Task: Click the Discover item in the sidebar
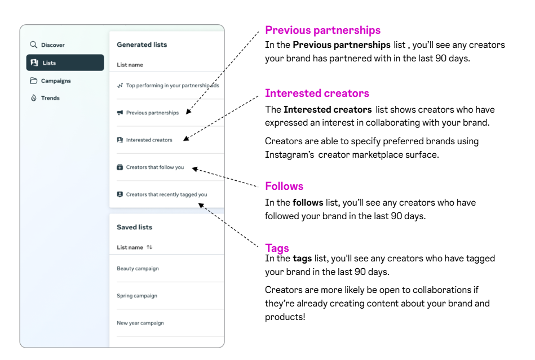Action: [x=52, y=45]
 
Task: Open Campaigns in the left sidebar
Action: [x=55, y=81]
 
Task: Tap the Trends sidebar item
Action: [x=50, y=98]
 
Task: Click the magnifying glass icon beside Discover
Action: [x=34, y=45]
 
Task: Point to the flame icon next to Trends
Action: [x=34, y=98]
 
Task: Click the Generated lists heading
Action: [x=142, y=45]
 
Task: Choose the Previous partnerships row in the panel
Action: [x=152, y=113]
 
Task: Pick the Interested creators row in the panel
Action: [x=149, y=140]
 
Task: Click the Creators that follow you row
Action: [x=155, y=167]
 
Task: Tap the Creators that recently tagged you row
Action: [x=166, y=194]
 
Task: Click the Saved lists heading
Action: [x=134, y=227]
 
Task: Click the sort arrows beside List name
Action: [x=149, y=247]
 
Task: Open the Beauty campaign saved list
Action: [x=138, y=268]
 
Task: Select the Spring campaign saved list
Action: [x=137, y=296]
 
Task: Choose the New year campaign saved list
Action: [x=140, y=323]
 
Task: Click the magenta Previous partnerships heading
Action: [x=322, y=30]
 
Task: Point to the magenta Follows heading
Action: [x=284, y=186]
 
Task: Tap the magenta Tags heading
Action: [x=277, y=248]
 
